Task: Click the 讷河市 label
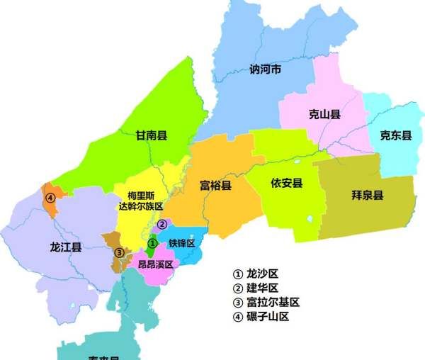point(266,69)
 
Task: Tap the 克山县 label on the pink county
point(325,114)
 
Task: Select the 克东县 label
point(395,135)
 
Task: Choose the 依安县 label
point(286,183)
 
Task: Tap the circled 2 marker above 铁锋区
point(161,225)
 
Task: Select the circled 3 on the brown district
point(120,252)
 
